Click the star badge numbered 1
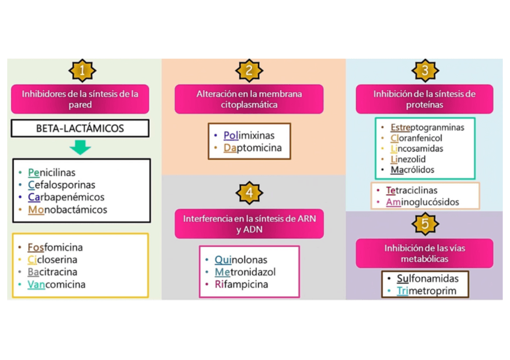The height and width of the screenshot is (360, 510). click(x=81, y=71)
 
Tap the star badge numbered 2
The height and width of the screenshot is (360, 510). click(x=249, y=71)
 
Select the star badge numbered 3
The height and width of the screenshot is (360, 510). click(x=425, y=71)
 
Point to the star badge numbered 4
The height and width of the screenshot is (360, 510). click(x=249, y=193)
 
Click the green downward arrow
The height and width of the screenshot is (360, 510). click(x=80, y=147)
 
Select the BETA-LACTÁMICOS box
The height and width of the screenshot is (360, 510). click(x=80, y=128)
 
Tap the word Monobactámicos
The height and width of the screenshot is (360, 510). click(x=67, y=210)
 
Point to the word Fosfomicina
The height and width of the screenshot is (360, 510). click(x=55, y=248)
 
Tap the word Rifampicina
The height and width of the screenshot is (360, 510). click(x=241, y=284)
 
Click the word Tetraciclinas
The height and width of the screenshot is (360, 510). click(x=412, y=191)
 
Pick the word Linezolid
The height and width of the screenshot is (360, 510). click(x=408, y=159)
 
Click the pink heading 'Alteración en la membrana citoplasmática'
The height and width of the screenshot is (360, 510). click(x=249, y=99)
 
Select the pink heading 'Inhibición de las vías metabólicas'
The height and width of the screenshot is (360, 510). click(x=425, y=254)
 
